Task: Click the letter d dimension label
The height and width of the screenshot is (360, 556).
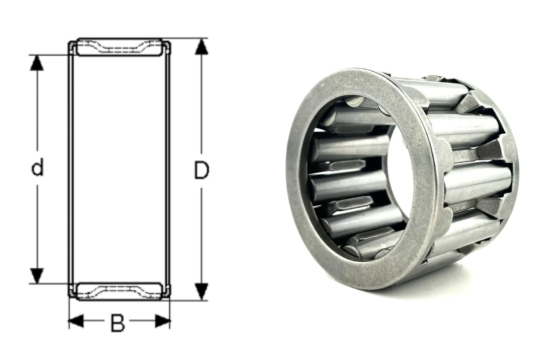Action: pos(37,166)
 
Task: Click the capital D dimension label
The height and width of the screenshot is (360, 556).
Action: pos(201,170)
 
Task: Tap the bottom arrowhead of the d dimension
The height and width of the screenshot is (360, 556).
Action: pos(37,276)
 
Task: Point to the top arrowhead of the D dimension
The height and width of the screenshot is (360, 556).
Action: pos(201,46)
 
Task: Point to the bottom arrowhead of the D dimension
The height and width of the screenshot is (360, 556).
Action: pos(201,292)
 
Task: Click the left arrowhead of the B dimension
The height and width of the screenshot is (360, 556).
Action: pos(76,321)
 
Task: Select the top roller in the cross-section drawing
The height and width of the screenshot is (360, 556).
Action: pos(120,47)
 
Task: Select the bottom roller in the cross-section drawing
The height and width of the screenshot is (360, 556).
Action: pos(120,291)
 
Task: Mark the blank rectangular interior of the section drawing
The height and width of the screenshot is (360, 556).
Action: pos(120,169)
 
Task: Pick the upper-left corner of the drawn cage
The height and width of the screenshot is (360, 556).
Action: pos(69,42)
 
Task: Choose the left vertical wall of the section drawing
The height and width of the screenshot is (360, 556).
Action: pos(71,169)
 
